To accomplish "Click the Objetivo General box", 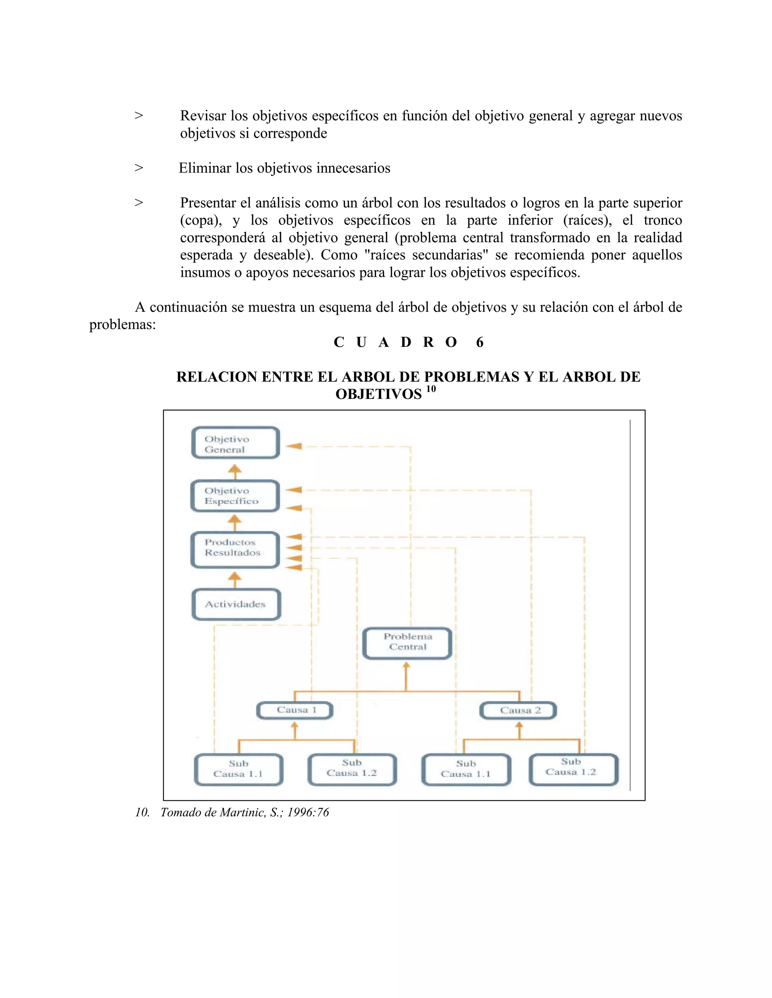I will [x=235, y=443].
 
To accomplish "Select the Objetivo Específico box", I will [x=235, y=496].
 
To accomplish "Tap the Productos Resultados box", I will [x=235, y=550].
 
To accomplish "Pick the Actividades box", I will [x=236, y=604].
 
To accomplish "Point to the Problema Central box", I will [x=407, y=642].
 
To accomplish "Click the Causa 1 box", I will [x=295, y=710].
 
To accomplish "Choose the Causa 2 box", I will [x=518, y=711].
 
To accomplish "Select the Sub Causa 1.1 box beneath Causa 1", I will [x=239, y=769].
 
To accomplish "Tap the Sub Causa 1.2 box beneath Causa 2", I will [x=573, y=769].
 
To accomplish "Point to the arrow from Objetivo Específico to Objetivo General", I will [x=234, y=471].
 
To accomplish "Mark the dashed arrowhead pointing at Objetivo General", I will [x=294, y=446].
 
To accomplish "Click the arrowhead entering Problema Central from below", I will [x=406, y=665].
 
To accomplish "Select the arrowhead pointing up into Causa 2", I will [x=519, y=725].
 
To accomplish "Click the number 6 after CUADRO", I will [x=479, y=342].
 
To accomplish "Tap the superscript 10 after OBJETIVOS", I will [x=431, y=389].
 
